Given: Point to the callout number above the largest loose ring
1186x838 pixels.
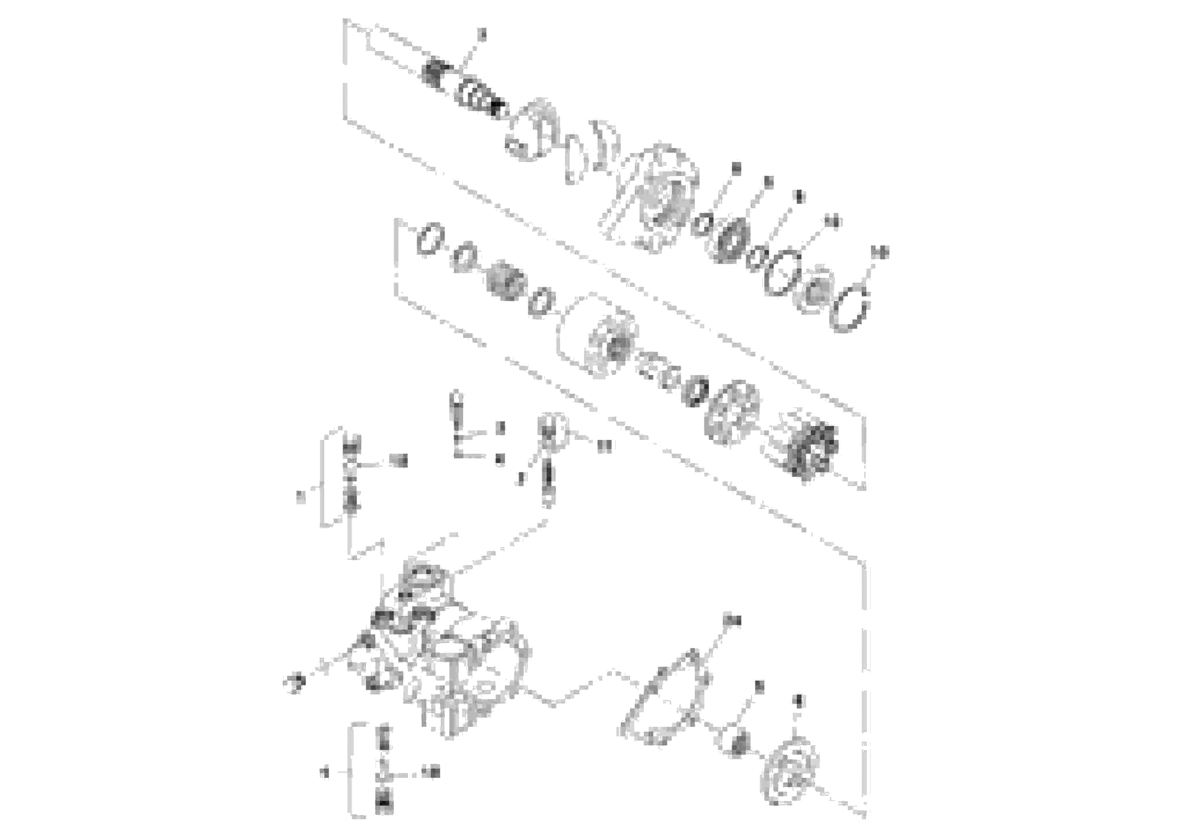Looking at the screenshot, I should coord(879,253).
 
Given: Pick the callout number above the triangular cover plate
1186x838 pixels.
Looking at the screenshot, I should coord(732,620).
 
